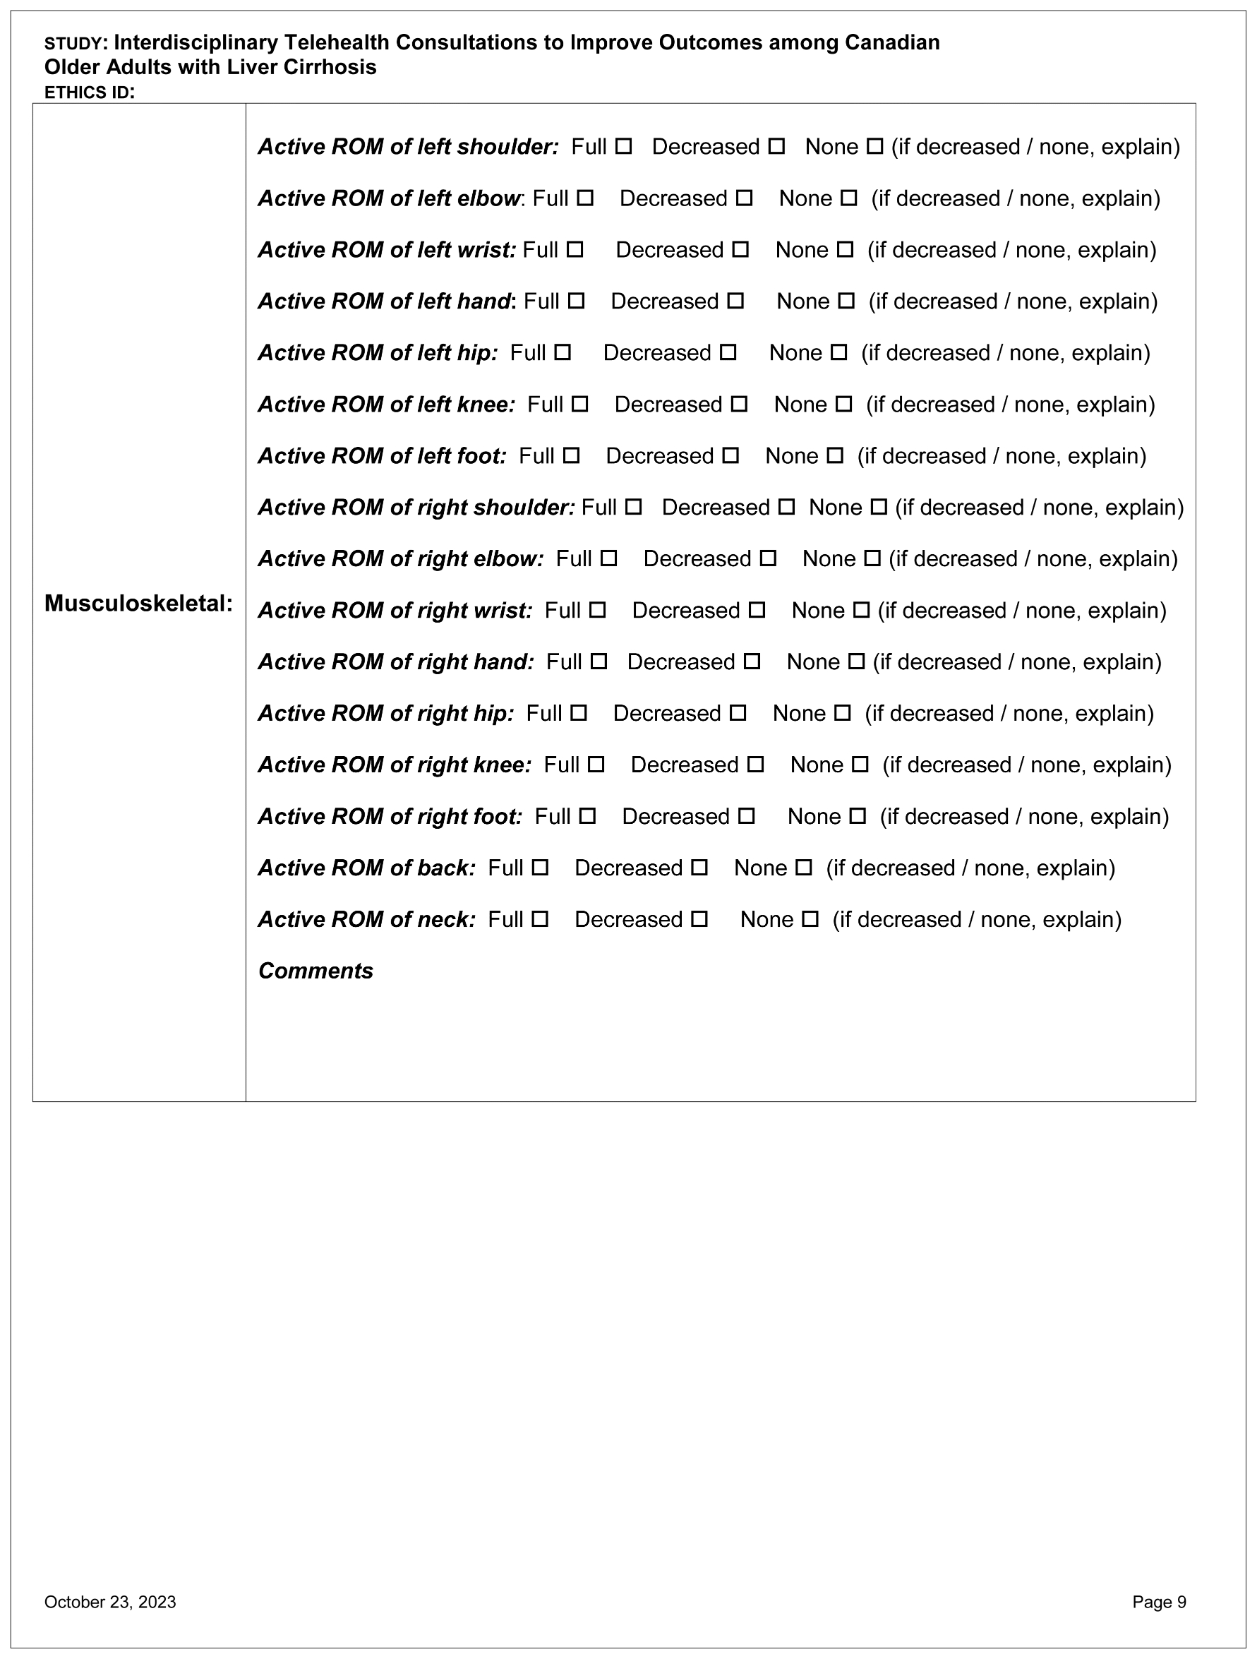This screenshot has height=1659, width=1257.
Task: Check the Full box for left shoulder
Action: [624, 147]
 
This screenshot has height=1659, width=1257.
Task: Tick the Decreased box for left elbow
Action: [744, 199]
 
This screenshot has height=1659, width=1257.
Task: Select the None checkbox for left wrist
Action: [846, 251]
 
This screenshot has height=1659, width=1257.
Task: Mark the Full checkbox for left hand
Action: [576, 301]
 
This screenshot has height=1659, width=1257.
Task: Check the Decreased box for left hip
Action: [728, 353]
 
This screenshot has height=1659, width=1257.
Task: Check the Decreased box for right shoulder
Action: [786, 508]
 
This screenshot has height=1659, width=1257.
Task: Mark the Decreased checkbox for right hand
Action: [752, 662]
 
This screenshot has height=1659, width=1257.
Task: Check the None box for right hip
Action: [843, 714]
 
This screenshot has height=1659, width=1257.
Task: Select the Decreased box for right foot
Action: [746, 817]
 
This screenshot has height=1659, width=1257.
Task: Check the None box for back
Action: [803, 868]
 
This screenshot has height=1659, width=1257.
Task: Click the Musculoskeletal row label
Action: [139, 604]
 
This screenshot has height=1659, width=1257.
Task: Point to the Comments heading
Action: [315, 972]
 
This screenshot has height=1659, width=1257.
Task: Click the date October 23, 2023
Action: [110, 1603]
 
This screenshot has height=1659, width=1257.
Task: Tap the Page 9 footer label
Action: [1159, 1603]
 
